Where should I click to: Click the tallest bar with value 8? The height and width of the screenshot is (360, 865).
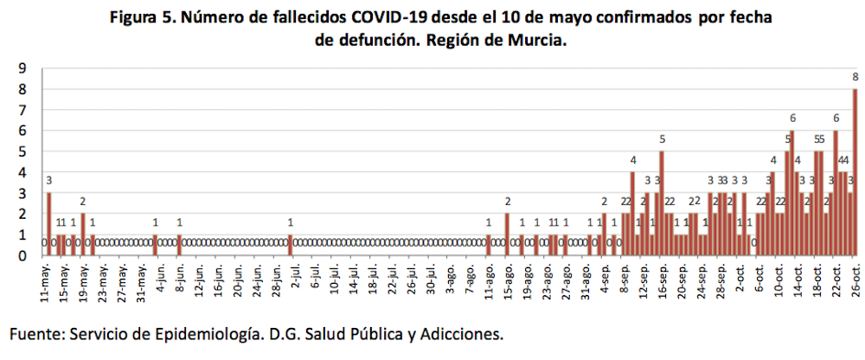855,173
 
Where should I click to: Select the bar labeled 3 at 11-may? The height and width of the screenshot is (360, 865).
49,224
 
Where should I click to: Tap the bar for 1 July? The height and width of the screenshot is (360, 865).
291,246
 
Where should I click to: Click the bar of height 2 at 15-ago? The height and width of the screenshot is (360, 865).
507,235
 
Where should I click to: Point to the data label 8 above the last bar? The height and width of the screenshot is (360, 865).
855,78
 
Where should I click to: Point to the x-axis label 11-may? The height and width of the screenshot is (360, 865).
45,282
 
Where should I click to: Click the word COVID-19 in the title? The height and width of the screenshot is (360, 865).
373,17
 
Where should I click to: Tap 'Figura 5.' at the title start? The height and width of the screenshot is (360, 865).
143,17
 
